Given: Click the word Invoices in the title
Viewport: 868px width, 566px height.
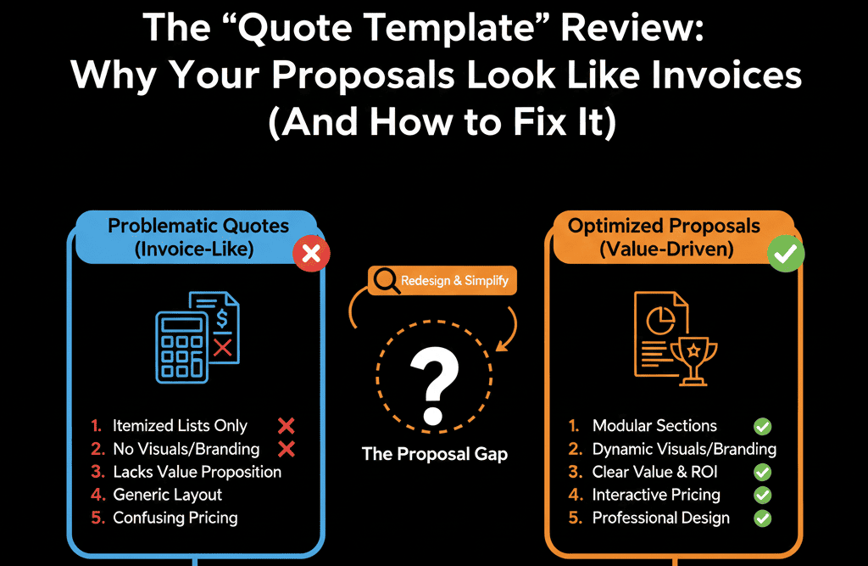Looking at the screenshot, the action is tap(726, 75).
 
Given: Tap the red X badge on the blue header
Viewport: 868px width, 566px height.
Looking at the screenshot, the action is tap(311, 254).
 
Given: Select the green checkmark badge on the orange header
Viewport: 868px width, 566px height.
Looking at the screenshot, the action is tap(786, 254).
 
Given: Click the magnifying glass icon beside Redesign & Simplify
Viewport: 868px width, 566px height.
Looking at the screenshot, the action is tap(386, 281).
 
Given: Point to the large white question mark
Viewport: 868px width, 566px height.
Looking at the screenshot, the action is tap(435, 384).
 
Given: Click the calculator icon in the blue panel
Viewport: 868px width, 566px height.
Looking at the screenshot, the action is tap(181, 347).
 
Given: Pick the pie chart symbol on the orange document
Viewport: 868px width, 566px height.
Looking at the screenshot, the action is tap(660, 321).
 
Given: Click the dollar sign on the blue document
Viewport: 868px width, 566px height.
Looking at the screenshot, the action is tap(222, 319).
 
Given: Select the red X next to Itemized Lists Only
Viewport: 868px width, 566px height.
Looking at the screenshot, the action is tap(287, 426).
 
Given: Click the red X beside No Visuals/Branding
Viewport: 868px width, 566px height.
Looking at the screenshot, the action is tap(287, 449).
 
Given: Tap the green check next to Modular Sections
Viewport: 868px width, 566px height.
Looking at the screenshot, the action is tap(762, 426).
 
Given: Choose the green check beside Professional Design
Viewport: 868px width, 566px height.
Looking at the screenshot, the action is tap(762, 518).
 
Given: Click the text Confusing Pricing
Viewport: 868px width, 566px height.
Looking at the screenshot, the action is tap(175, 518).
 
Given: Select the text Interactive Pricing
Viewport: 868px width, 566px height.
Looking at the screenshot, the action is tap(656, 495).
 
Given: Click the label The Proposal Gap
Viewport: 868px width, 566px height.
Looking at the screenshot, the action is tap(435, 454).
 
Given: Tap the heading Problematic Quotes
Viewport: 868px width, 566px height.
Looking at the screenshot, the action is tap(198, 227).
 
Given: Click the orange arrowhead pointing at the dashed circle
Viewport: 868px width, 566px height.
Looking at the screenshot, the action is tap(502, 346).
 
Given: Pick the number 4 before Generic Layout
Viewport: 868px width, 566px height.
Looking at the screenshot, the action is tap(97, 495).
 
